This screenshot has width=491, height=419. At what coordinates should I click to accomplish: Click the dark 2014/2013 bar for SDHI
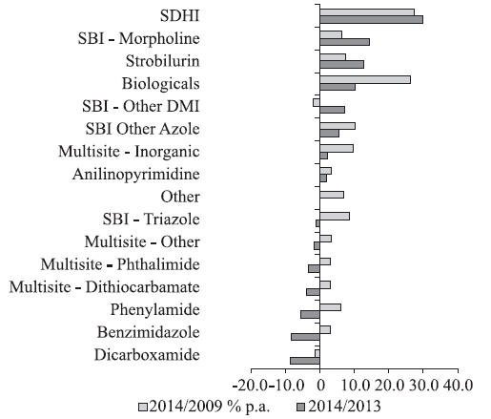[371, 20]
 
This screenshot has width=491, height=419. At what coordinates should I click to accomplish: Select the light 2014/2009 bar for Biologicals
[365, 80]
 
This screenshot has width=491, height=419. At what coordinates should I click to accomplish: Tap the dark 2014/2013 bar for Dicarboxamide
[305, 361]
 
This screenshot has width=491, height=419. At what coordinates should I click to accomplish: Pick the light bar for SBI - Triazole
[335, 217]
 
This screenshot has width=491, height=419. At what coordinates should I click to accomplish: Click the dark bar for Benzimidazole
[305, 337]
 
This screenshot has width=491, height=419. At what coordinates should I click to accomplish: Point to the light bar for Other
[332, 195]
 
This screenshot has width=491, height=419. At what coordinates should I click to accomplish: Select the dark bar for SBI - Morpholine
[344, 42]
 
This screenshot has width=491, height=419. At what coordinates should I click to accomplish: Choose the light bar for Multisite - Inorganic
[337, 149]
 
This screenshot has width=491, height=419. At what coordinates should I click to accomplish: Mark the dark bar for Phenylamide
[310, 314]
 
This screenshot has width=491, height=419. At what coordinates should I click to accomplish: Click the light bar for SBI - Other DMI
[317, 102]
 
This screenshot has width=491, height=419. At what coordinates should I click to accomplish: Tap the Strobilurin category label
[163, 61]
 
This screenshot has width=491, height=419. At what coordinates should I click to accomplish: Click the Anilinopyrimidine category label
[136, 175]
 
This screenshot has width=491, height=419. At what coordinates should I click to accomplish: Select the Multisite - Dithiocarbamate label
[105, 286]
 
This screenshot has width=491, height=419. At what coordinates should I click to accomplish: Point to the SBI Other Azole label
[142, 129]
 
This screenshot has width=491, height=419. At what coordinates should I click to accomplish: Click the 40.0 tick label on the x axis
[457, 386]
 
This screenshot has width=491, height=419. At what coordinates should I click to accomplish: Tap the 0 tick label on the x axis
[321, 386]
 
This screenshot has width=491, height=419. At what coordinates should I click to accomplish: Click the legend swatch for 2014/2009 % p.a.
[143, 407]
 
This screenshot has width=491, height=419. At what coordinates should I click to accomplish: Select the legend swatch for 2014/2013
[300, 407]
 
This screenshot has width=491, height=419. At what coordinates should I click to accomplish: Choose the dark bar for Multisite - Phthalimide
[314, 269]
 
